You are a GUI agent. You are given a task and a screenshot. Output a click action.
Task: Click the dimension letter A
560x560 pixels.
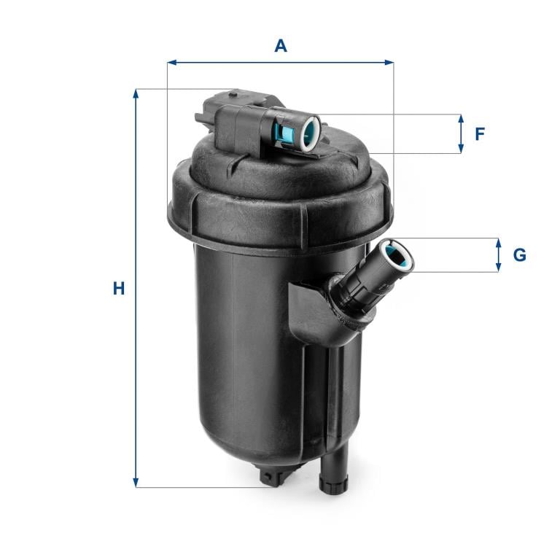[x=281, y=46]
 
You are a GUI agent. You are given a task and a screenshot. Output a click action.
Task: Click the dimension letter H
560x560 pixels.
[x=119, y=289]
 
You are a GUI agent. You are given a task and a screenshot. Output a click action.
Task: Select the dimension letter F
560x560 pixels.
[x=480, y=134]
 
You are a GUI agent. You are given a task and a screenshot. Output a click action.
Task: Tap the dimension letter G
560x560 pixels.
[x=519, y=255]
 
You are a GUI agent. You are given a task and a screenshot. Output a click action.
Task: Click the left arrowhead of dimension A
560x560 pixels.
[x=171, y=63]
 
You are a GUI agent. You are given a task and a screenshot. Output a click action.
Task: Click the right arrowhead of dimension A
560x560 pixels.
[x=389, y=63]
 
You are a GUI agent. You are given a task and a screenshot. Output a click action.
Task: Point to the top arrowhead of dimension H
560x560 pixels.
[x=136, y=93]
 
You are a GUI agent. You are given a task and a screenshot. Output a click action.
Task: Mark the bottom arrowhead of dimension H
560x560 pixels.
[x=136, y=483]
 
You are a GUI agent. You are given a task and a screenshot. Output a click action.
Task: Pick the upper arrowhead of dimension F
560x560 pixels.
[x=461, y=120]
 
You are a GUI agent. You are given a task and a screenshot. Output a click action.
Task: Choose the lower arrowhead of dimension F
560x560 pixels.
[x=461, y=149]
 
